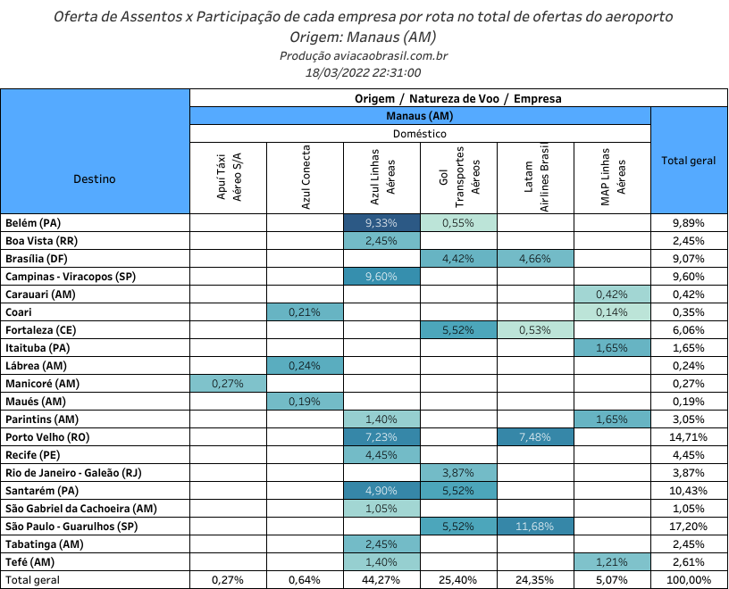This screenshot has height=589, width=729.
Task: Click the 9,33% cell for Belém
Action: pyautogui.click(x=381, y=223)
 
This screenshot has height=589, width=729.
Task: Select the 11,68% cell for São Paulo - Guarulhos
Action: pyautogui.click(x=535, y=527)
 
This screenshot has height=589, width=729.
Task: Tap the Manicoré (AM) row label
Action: pyautogui.click(x=42, y=384)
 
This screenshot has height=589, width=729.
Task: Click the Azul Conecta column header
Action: pyautogui.click(x=305, y=178)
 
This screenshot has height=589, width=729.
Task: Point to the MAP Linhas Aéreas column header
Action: pyautogui.click(x=613, y=178)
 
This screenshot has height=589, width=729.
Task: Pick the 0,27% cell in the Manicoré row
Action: pyautogui.click(x=228, y=384)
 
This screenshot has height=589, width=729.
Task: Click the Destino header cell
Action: pyautogui.click(x=95, y=178)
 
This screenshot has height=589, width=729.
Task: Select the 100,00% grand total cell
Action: pyautogui.click(x=689, y=580)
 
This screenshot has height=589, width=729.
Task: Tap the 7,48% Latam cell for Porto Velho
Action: pyautogui.click(x=535, y=437)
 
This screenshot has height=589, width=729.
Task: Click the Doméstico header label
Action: pyautogui.click(x=419, y=134)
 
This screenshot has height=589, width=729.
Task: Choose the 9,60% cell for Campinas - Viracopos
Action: pyautogui.click(x=381, y=277)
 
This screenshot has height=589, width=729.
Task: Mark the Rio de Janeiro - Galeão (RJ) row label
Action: pyautogui.click(x=73, y=473)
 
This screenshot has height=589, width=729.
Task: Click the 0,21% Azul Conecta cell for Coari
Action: pyautogui.click(x=305, y=312)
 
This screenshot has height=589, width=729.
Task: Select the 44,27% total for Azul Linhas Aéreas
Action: pyautogui.click(x=381, y=580)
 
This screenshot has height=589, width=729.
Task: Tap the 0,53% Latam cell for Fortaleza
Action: pyautogui.click(x=535, y=330)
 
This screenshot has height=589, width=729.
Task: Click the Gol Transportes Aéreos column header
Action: pyautogui.click(x=459, y=178)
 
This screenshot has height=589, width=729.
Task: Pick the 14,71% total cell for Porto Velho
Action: pyautogui.click(x=689, y=437)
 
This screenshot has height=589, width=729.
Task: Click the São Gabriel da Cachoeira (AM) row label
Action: pyautogui.click(x=81, y=509)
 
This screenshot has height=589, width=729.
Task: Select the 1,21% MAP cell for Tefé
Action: pyautogui.click(x=612, y=562)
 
